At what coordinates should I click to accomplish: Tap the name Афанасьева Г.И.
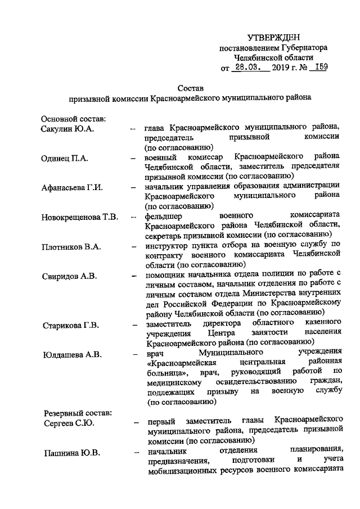tap(72, 188)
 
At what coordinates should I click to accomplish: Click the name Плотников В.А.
tap(70, 247)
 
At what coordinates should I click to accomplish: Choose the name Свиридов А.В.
tap(69, 276)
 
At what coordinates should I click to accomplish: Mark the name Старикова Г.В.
tap(70, 325)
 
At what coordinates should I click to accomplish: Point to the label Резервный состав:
tap(76, 413)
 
